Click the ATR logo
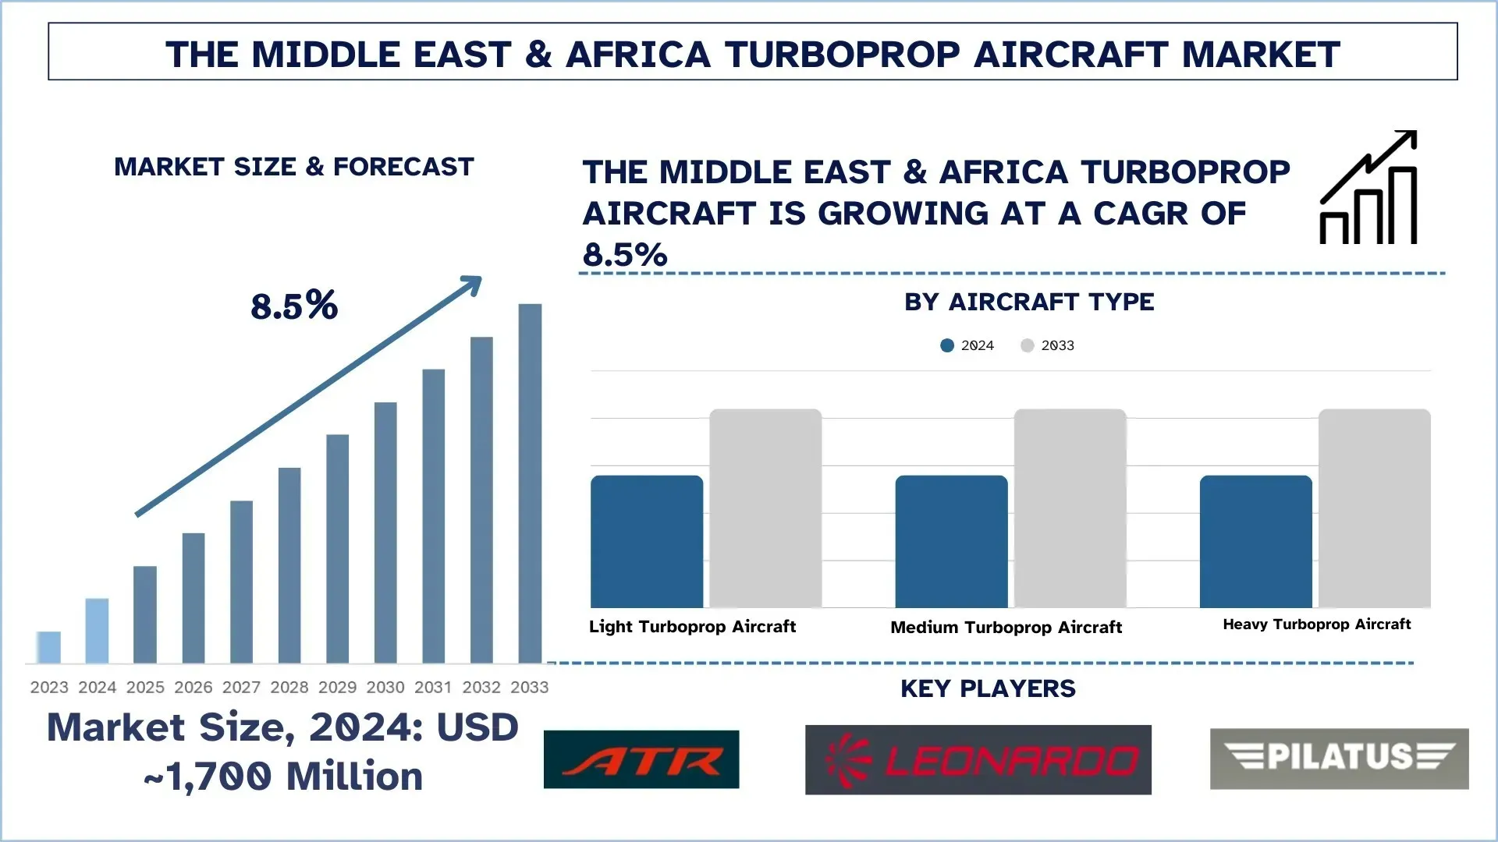tap(641, 759)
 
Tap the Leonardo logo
tap(978, 759)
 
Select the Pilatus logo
tap(1339, 758)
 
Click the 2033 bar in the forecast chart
tap(530, 483)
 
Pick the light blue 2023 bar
tap(48, 647)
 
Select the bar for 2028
tap(289, 565)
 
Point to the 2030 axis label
tap(385, 687)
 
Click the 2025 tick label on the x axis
tap(145, 687)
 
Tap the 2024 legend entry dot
tap(947, 345)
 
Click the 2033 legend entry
tap(1048, 345)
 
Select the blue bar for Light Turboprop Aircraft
tap(646, 542)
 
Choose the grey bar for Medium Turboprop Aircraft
tap(1070, 508)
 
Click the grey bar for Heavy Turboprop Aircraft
tap(1374, 508)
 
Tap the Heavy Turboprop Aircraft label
tap(1316, 624)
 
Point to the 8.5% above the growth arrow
tap(294, 306)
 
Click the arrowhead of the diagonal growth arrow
tap(473, 284)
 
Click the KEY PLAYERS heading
tap(988, 688)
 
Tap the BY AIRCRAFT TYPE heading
tap(1028, 302)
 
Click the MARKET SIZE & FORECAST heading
tap(294, 167)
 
